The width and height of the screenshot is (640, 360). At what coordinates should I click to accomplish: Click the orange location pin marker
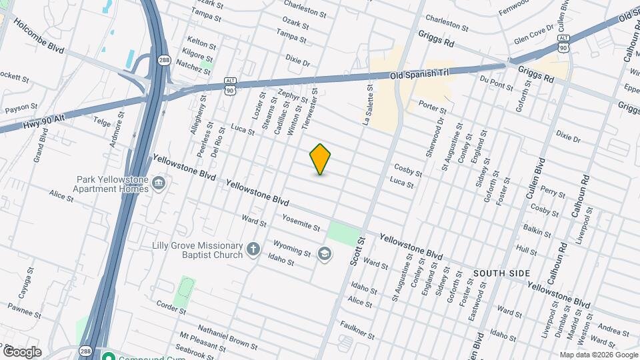[321, 159]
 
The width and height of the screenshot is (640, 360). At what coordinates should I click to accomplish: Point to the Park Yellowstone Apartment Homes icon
[159, 183]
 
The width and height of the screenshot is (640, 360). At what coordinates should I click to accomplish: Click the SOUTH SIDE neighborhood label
[501, 273]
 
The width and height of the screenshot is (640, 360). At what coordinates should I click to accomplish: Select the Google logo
[22, 351]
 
